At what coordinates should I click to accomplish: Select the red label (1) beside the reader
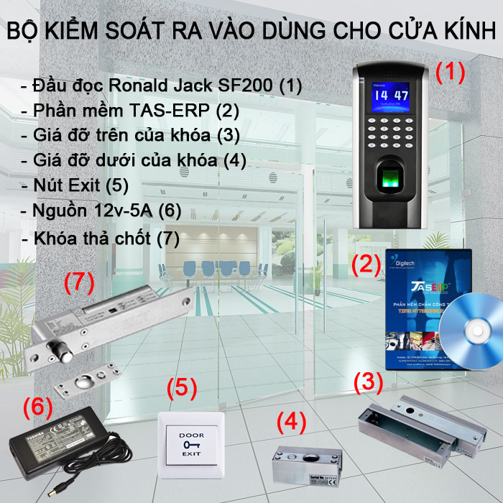451,72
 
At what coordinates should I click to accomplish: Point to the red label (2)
365,264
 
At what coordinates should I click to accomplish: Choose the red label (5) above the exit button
182,387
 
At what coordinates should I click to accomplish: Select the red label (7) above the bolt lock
79,282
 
